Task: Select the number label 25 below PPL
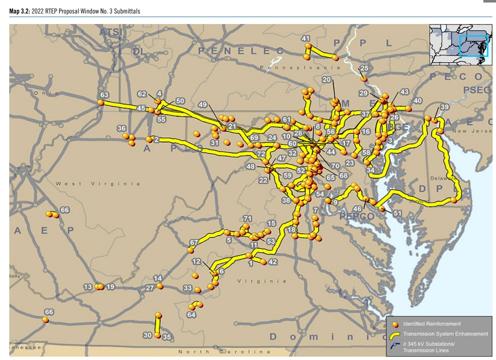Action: (364, 68)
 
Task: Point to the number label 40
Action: (418, 101)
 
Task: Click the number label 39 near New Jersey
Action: (445, 107)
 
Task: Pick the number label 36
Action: (121, 128)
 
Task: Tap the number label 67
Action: (194, 242)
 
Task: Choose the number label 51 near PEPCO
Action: (397, 213)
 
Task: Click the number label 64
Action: (192, 315)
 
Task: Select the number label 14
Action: (158, 278)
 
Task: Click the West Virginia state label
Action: (98, 184)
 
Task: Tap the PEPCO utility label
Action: (357, 216)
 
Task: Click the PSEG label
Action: (477, 90)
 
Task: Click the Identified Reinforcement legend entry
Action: (432, 324)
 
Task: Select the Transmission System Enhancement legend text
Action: (445, 334)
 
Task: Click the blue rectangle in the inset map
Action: (473, 46)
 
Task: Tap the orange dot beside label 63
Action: (100, 102)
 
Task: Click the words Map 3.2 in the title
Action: (19, 11)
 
